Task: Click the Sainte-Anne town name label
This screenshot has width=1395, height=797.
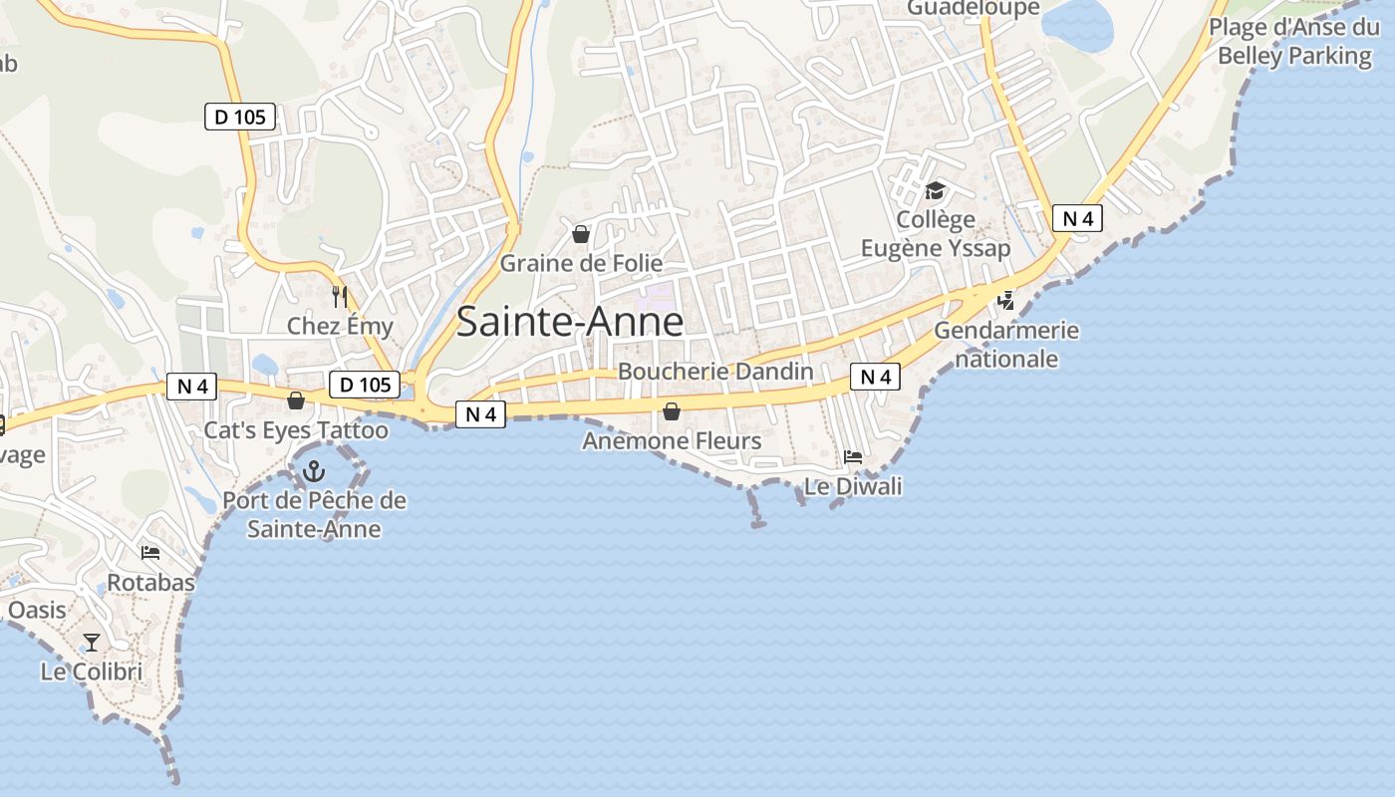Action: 570,322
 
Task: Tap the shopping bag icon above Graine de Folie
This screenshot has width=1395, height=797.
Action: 581,234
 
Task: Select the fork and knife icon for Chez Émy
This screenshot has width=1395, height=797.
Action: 340,296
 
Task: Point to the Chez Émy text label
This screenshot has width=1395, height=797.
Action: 340,326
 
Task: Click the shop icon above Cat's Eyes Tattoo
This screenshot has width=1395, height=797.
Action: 296,400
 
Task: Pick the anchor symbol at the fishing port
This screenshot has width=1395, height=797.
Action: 314,470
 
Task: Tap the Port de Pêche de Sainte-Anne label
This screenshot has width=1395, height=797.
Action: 314,514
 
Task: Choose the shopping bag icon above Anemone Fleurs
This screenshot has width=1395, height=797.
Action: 672,410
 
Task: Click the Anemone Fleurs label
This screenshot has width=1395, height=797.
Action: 672,440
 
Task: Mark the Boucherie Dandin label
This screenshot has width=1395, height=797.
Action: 715,371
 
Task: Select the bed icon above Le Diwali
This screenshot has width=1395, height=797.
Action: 853,457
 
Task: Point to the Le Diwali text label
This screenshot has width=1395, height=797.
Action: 853,486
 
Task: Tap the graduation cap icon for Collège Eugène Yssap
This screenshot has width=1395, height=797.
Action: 935,190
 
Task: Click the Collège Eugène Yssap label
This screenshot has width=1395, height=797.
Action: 935,233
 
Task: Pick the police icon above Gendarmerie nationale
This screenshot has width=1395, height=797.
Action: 1006,300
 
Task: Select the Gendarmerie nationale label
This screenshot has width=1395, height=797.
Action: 1006,344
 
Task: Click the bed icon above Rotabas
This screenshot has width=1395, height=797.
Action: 150,553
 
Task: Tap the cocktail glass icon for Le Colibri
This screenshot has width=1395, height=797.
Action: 92,642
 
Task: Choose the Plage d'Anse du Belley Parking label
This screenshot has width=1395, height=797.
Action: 1294,41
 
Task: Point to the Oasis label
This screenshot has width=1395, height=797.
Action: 37,610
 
